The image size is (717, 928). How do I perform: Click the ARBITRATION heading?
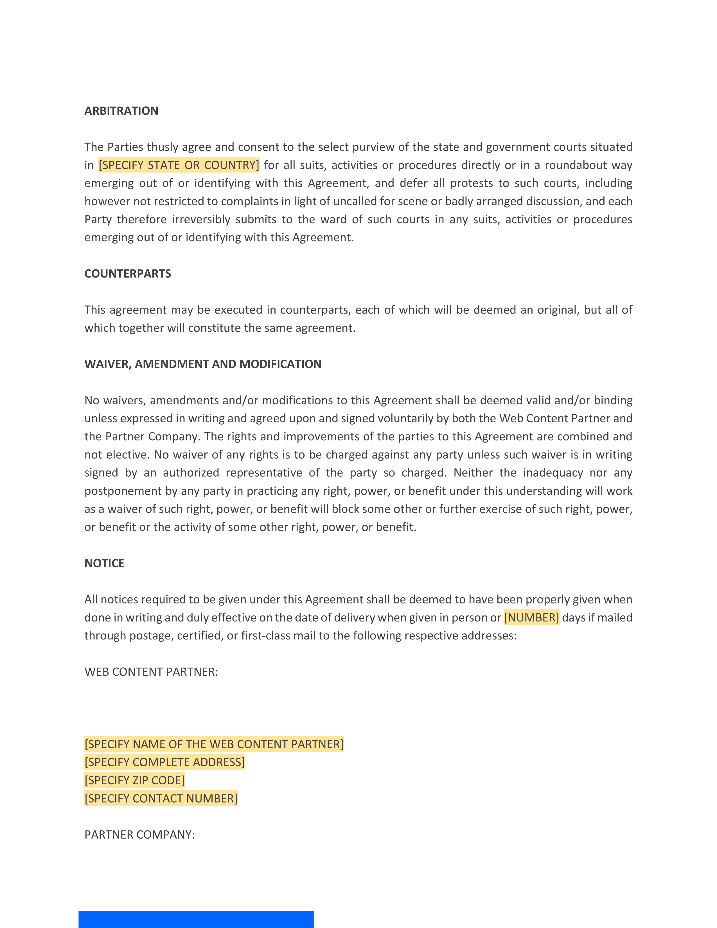click(x=121, y=111)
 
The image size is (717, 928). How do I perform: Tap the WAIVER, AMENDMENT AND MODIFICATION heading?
click(x=203, y=364)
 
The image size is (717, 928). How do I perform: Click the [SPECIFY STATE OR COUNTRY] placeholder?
click(x=179, y=165)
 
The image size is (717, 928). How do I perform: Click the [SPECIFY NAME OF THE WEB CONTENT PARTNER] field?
click(x=214, y=744)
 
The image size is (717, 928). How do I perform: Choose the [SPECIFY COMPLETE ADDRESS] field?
click(x=164, y=762)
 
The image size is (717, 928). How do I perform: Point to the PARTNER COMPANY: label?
click(x=139, y=835)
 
